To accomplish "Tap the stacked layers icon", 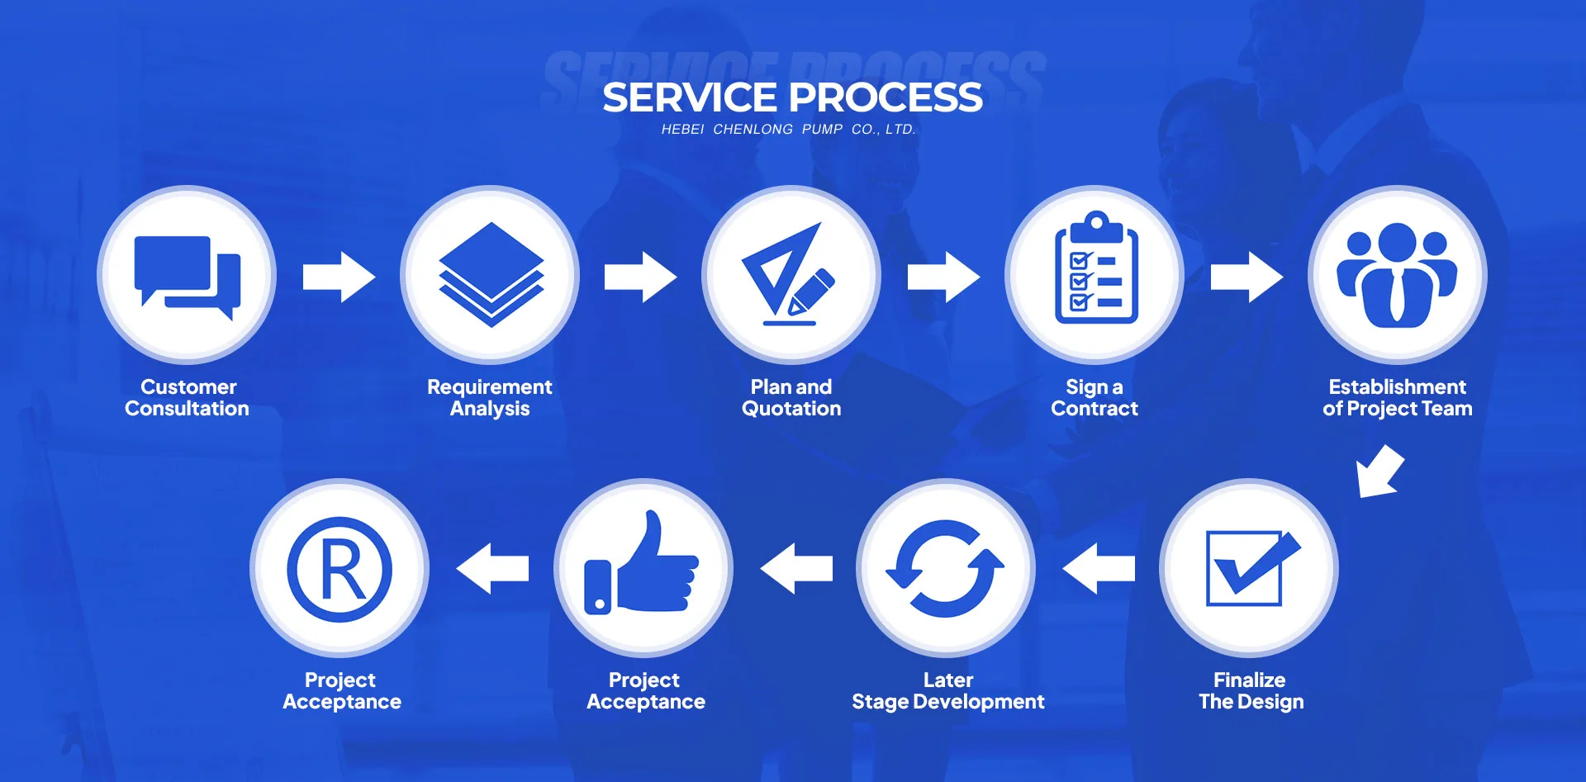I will [491, 274].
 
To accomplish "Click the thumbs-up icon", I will [643, 566].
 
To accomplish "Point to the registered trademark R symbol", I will [340, 569].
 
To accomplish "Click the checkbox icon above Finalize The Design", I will [1250, 567].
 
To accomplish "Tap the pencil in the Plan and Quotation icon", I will [810, 291].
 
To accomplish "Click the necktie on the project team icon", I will [1397, 296].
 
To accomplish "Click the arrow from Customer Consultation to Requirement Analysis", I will [339, 277].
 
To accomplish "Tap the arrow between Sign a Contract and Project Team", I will [1246, 277].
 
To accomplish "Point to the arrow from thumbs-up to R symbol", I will [493, 568].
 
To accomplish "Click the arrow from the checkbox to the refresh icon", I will [1099, 568].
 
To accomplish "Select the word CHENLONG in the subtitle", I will [753, 130].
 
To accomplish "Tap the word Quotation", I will [791, 409].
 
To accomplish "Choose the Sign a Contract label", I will [1094, 398].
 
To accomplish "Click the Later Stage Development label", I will [947, 691].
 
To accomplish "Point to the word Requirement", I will [489, 387].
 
